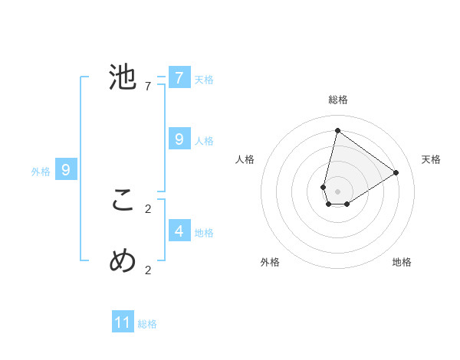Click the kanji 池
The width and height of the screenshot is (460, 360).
(123, 77)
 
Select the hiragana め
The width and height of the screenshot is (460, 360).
(123, 261)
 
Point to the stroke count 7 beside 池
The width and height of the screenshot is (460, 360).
(148, 87)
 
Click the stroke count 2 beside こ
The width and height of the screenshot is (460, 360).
(148, 208)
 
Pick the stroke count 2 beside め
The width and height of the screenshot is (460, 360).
(148, 270)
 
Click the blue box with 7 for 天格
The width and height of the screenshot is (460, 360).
(179, 77)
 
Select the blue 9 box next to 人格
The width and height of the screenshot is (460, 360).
(179, 139)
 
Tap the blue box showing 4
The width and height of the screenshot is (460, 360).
(179, 231)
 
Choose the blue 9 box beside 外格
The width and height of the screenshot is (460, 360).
(66, 170)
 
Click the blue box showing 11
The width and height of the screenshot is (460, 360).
(123, 322)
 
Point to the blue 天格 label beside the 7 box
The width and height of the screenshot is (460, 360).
(204, 80)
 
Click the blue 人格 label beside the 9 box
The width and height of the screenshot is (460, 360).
(204, 141)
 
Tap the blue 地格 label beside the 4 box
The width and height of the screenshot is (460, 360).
(204, 233)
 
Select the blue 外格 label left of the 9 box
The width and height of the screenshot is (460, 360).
(41, 172)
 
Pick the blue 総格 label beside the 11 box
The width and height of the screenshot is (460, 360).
(147, 325)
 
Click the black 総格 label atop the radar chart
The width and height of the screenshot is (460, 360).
(338, 100)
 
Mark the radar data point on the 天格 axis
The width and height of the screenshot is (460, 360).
(396, 172)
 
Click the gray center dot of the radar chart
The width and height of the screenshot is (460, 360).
(338, 191)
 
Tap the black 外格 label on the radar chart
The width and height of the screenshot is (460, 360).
(270, 262)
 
